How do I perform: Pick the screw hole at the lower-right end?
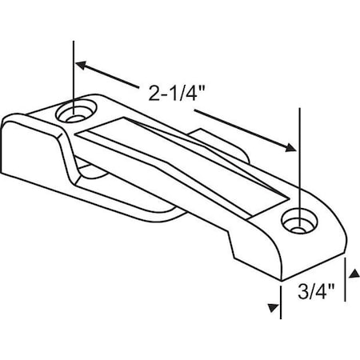coord(298,220)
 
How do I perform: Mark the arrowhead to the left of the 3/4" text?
coord(273,307)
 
